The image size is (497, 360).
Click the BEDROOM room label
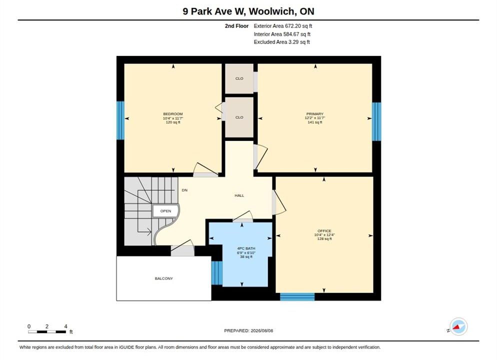click(x=172, y=114)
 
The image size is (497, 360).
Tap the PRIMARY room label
click(x=314, y=114)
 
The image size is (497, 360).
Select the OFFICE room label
click(x=324, y=231)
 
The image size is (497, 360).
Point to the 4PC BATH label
click(x=246, y=248)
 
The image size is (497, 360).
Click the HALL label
click(x=239, y=195)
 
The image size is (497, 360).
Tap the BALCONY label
click(x=164, y=278)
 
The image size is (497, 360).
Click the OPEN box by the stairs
click(x=165, y=211)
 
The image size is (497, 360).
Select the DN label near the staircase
click(x=184, y=190)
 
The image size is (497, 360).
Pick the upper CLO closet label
click(x=239, y=78)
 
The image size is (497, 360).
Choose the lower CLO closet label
click(x=239, y=117)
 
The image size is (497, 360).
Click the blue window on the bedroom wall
click(x=120, y=120)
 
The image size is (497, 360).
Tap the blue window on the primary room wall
click(x=376, y=121)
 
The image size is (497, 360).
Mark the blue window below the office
click(x=297, y=297)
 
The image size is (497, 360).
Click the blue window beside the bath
click(x=217, y=273)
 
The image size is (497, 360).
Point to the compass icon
click(x=458, y=326)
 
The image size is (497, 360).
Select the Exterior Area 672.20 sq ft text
click(x=282, y=26)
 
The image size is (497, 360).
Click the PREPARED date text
click(x=248, y=330)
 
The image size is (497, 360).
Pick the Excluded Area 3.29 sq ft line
click(x=282, y=42)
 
